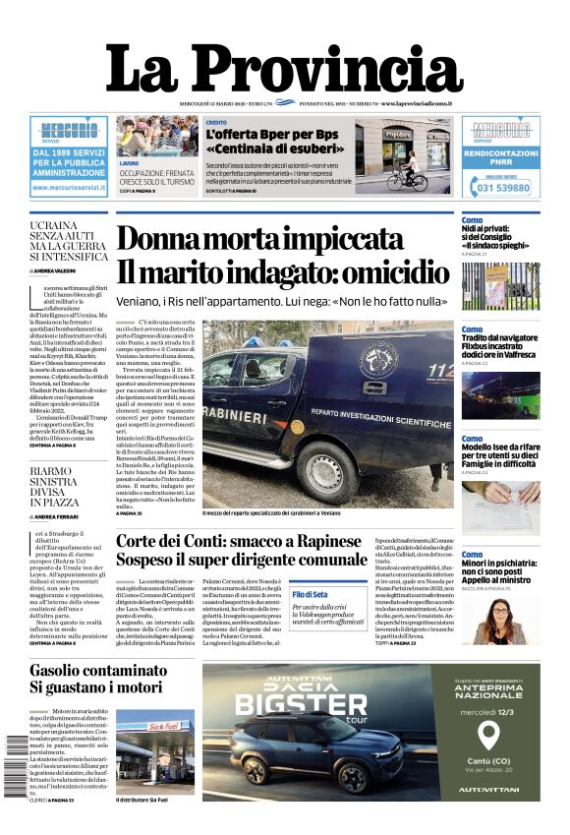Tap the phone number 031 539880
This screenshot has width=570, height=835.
pyautogui.click(x=502, y=187)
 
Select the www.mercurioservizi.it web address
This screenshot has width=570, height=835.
pyautogui.click(x=69, y=185)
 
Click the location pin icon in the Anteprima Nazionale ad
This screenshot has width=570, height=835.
pyautogui.click(x=487, y=736)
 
